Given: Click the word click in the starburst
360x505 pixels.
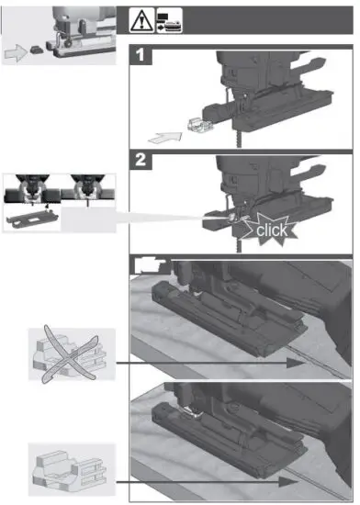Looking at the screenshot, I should (273, 228).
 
